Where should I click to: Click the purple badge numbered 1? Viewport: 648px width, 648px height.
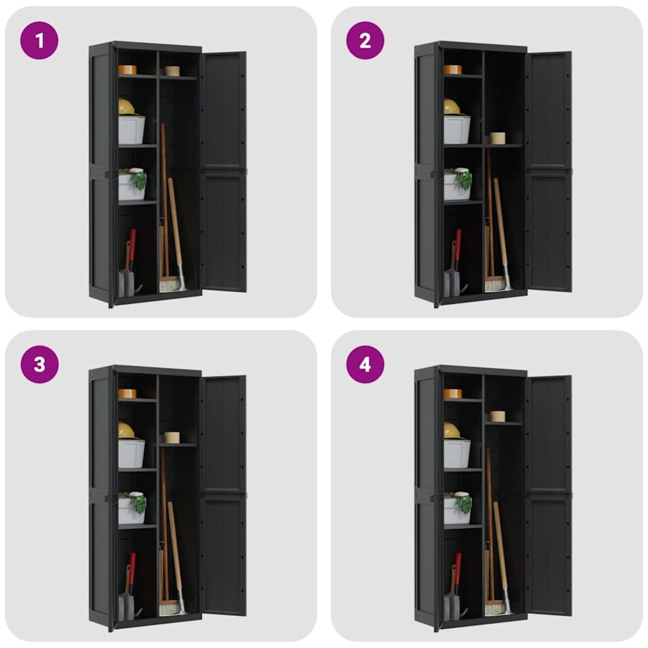(39, 40)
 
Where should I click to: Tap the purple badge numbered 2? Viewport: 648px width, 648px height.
(365, 40)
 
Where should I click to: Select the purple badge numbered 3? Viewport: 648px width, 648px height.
(39, 364)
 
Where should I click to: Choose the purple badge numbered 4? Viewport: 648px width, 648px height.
(365, 364)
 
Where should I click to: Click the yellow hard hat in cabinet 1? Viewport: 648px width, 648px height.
(126, 106)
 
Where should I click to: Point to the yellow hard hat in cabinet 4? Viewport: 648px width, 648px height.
(451, 430)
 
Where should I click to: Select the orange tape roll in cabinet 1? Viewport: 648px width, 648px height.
(127, 70)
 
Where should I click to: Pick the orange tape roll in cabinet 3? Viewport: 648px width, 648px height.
(127, 394)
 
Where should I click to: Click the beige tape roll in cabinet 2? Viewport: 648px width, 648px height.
(497, 138)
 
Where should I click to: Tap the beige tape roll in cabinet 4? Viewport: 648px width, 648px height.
(497, 416)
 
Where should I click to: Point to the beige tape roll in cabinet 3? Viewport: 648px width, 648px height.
(172, 437)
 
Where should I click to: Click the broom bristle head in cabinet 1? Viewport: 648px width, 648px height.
(170, 283)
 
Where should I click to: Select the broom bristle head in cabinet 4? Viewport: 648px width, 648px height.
(495, 607)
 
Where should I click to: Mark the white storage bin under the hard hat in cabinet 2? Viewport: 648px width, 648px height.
(457, 130)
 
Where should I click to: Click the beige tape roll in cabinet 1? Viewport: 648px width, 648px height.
(172, 71)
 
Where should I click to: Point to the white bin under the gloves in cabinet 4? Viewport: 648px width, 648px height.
(457, 511)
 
